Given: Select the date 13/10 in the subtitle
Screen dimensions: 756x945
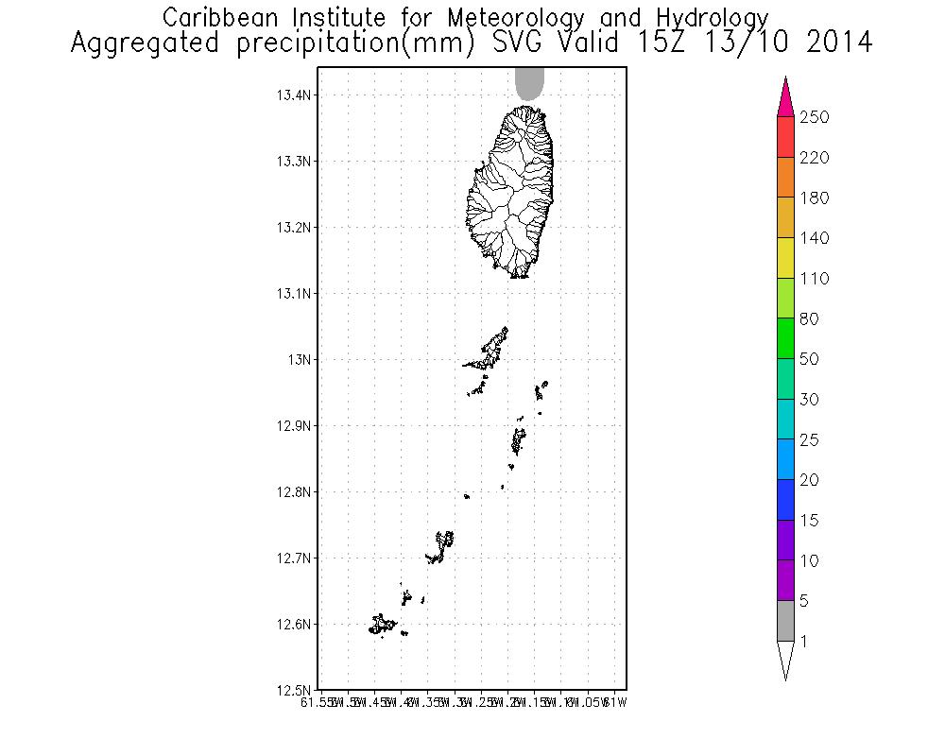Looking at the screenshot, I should coord(740,43).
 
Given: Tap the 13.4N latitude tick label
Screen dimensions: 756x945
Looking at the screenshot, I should coord(294,95).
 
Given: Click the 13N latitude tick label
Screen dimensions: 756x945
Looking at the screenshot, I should coord(301,360).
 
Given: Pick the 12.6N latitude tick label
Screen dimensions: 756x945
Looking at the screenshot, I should coord(294,625).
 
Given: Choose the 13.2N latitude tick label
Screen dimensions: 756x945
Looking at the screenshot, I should coord(294,228).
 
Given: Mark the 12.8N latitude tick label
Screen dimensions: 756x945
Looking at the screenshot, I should coord(294,492).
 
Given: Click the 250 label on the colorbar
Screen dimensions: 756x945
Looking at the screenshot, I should coord(814,117).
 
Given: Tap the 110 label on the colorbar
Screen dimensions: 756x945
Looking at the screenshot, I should coord(814,279).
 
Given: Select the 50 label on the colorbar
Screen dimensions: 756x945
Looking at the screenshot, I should coord(810,359).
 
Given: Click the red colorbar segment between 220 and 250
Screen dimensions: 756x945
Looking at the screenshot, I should coord(785,137).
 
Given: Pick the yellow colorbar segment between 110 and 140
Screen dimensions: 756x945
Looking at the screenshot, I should coord(785,258).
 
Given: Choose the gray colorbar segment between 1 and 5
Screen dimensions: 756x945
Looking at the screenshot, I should coord(785,621).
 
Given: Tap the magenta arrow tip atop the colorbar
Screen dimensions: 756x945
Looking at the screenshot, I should coord(785,96).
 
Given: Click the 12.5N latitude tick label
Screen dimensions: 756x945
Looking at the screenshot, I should coord(294,690).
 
